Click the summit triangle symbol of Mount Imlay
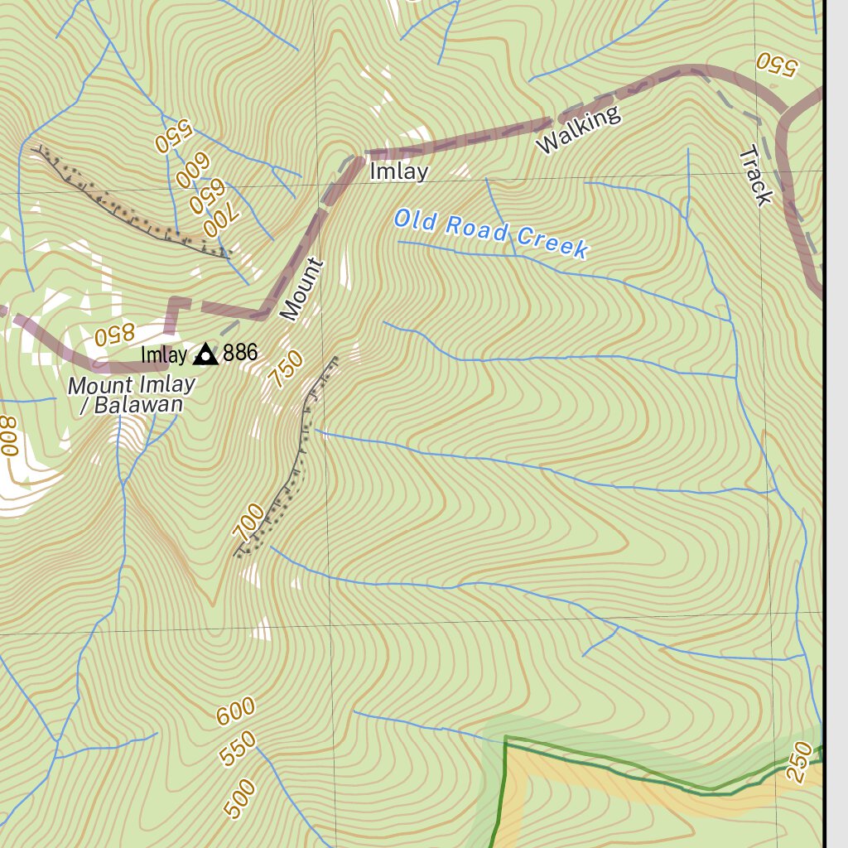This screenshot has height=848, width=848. tap(205, 355)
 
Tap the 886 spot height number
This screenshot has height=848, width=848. tap(240, 354)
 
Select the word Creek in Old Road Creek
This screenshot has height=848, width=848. tap(552, 242)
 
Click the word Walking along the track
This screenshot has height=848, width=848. tap(578, 130)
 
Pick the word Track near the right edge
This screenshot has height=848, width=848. tap(755, 175)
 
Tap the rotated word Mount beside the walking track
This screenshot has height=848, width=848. tap(301, 289)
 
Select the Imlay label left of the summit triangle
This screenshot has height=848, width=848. tap(164, 355)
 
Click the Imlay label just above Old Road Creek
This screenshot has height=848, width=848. tap(398, 171)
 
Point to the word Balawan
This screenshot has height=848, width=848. tap(137, 406)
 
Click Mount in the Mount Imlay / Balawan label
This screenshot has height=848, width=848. tap(99, 386)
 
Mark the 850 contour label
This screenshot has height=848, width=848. tap(113, 335)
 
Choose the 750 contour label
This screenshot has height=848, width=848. tap(287, 369)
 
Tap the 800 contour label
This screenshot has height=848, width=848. tap(9, 436)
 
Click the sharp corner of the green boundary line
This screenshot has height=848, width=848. tap(505, 736)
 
